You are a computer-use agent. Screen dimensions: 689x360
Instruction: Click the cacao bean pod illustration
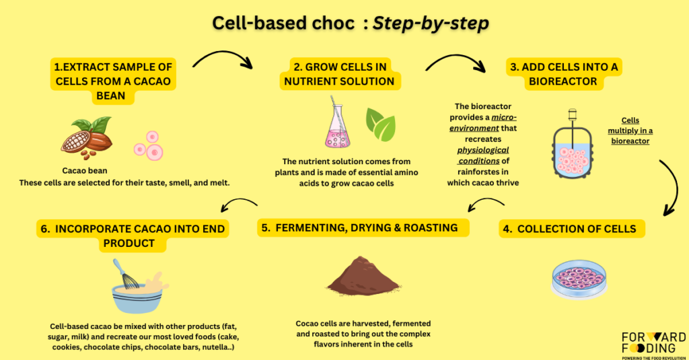pos(87,137)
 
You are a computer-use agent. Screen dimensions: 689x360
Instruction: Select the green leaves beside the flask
pos(381,125)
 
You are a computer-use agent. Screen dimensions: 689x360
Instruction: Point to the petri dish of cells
pos(579,279)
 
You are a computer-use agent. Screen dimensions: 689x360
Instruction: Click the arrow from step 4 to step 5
pos(485,200)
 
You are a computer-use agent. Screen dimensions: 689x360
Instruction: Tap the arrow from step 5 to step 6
pos(239,201)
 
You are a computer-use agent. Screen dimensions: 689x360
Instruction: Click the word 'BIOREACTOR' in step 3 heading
pos(563,81)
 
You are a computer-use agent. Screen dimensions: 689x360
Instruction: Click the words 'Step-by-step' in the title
pos(431,24)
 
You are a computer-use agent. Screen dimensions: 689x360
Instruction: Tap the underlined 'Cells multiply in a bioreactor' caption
pos(630,131)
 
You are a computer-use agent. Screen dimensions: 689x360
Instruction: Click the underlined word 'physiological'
pos(483,150)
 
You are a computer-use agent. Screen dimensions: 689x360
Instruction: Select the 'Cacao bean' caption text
pos(85,170)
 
